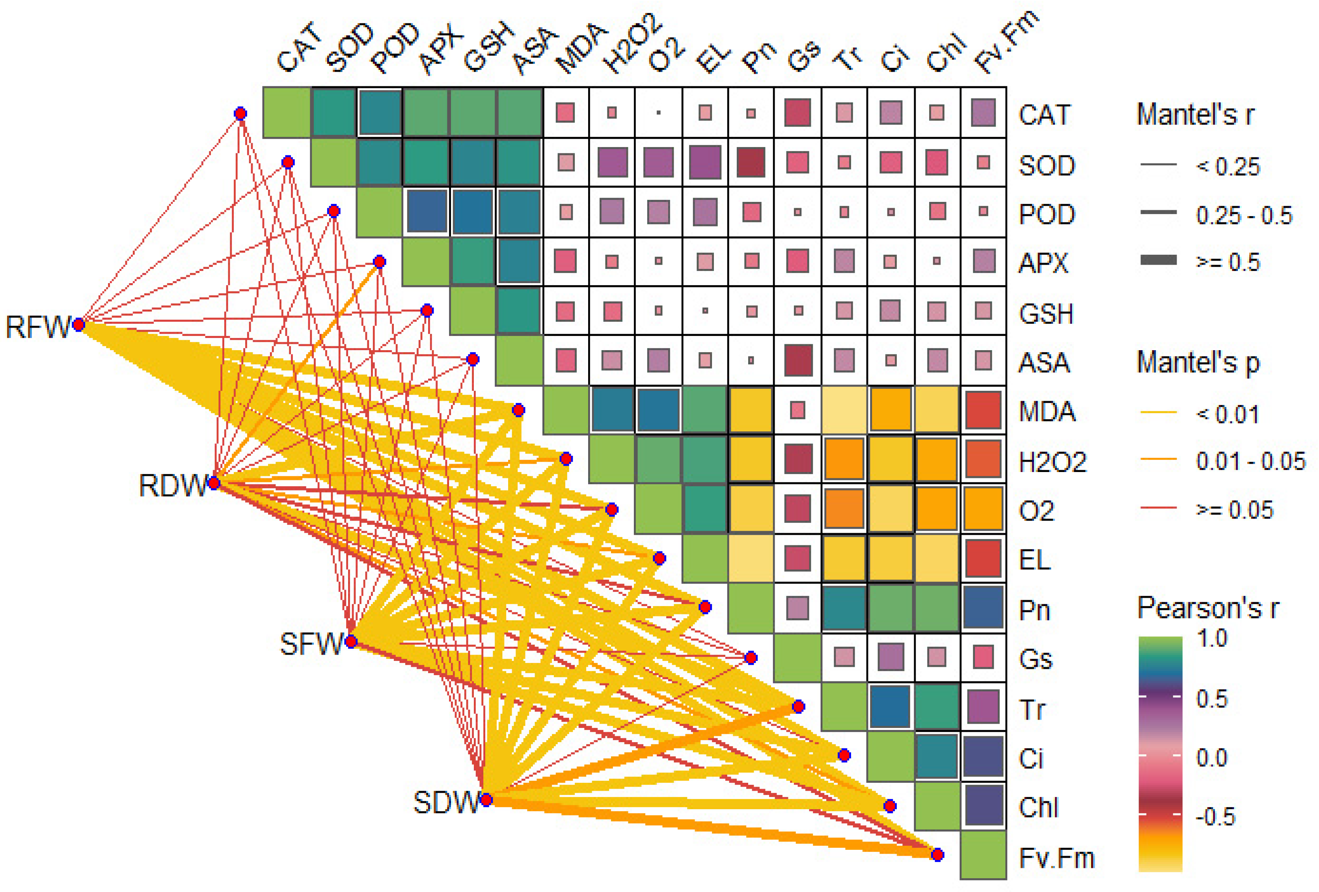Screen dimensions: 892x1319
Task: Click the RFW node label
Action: click(37, 327)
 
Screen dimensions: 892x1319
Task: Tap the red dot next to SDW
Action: click(486, 800)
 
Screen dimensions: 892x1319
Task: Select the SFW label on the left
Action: click(311, 644)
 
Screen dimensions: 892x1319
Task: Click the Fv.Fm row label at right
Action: click(1056, 857)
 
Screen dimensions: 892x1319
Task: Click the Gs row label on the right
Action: click(1036, 659)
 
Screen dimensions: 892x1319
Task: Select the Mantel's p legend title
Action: click(1198, 362)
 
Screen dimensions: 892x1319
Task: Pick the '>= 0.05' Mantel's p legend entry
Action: click(1234, 509)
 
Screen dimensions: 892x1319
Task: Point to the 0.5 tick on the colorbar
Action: click(1212, 698)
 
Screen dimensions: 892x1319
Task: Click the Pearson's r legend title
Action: click(1208, 608)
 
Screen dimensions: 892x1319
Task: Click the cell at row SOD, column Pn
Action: click(751, 162)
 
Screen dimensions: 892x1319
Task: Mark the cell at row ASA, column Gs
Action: click(797, 360)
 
